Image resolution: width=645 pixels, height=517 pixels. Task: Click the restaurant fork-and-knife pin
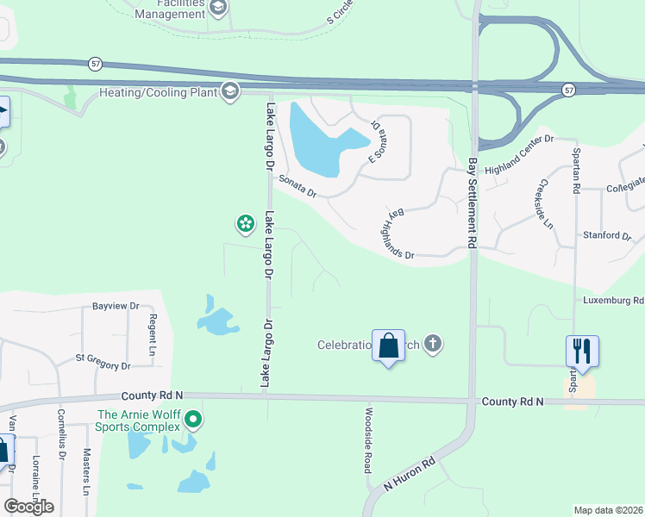[x=582, y=351]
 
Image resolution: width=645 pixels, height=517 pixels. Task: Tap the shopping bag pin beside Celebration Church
[x=388, y=346]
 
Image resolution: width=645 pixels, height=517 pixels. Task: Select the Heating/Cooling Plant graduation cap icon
[x=230, y=91]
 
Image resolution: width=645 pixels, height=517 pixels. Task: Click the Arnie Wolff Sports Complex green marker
[x=194, y=420]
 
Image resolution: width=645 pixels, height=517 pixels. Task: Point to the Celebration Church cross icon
[x=433, y=345]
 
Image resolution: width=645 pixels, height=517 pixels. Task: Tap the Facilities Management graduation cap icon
[x=217, y=9]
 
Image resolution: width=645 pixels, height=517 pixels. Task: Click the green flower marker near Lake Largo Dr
[x=246, y=224]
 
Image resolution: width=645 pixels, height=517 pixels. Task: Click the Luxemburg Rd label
[x=613, y=301]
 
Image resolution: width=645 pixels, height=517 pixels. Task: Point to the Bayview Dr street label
[x=116, y=306]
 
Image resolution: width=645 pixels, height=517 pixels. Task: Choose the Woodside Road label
[x=368, y=439]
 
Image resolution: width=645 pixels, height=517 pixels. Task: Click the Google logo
[x=28, y=506]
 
